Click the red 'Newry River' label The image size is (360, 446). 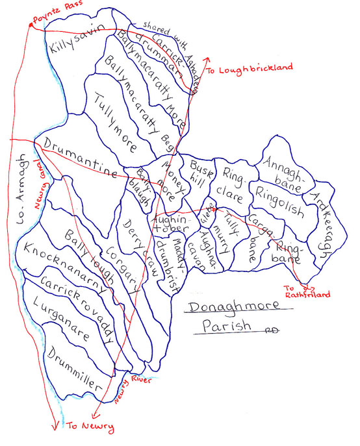(x=133, y=389)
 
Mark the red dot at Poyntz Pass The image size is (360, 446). (x=30, y=25)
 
